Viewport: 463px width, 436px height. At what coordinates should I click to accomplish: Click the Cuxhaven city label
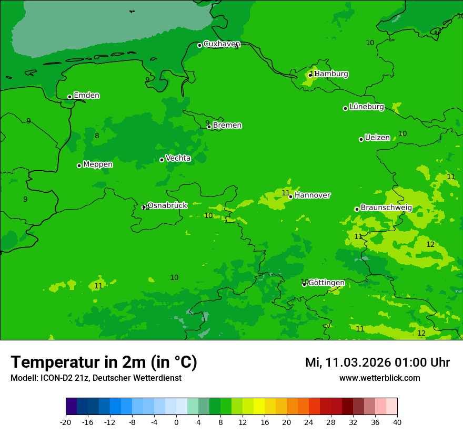[x=222, y=44]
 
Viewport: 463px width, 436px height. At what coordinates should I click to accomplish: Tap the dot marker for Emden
[x=69, y=97]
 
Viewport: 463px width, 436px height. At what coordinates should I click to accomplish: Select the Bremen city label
[x=227, y=126]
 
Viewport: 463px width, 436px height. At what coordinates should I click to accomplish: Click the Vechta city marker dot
[x=162, y=160]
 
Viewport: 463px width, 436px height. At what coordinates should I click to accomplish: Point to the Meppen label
[x=97, y=164]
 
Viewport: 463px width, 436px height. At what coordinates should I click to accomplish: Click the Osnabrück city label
[x=167, y=205]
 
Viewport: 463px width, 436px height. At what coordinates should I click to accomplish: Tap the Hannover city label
[x=312, y=195]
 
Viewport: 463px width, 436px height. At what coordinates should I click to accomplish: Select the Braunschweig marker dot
[x=357, y=209]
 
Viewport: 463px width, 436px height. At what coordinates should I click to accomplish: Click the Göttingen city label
[x=326, y=283]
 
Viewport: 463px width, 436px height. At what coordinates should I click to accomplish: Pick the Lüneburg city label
[x=366, y=107]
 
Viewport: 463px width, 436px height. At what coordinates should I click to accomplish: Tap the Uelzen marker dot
[x=361, y=139]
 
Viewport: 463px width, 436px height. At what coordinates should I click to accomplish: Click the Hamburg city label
[x=331, y=74]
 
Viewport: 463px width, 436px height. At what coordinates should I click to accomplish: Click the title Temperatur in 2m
[x=104, y=362]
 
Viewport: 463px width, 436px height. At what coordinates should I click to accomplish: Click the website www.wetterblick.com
[x=379, y=378]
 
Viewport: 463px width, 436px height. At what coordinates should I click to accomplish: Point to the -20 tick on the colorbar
[x=66, y=422]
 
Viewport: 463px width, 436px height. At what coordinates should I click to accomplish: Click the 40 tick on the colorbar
[x=397, y=422]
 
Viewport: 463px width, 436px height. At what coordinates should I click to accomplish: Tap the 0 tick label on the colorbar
[x=176, y=422]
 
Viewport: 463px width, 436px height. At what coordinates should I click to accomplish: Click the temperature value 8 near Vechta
[x=97, y=136]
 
